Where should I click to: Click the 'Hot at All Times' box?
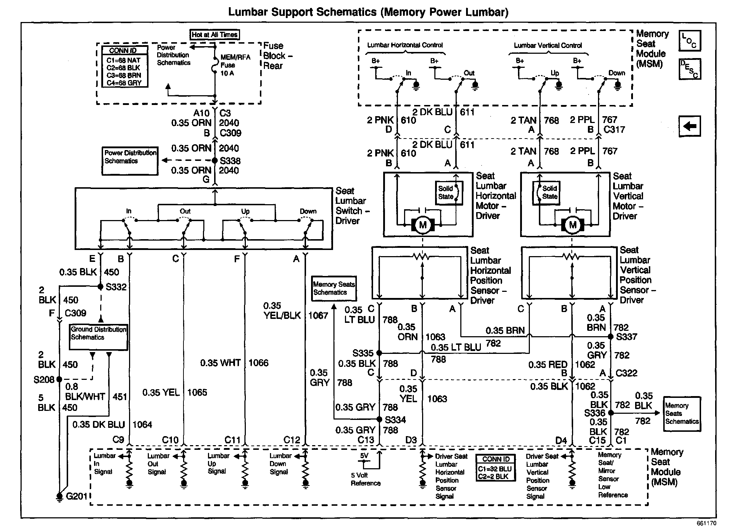pos(215,35)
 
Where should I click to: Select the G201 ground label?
pos(76,496)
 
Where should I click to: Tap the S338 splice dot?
pos(215,161)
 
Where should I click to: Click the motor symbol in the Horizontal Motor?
pos(423,225)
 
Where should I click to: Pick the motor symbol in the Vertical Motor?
pos(572,225)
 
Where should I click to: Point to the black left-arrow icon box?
pos(690,126)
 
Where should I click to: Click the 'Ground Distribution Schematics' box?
pos(98,337)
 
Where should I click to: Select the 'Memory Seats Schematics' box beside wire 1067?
pos(334,289)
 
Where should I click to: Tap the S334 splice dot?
pos(379,419)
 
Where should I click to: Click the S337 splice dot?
pos(611,337)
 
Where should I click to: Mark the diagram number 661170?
pos(706,523)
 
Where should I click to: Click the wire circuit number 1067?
pos(318,316)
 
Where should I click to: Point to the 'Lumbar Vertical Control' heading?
pos(548,45)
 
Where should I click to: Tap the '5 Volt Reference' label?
pos(365,479)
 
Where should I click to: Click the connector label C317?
pos(614,129)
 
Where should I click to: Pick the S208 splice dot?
pos(59,379)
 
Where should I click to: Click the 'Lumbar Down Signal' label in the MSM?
pos(280,464)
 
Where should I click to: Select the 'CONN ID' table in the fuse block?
pos(123,66)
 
